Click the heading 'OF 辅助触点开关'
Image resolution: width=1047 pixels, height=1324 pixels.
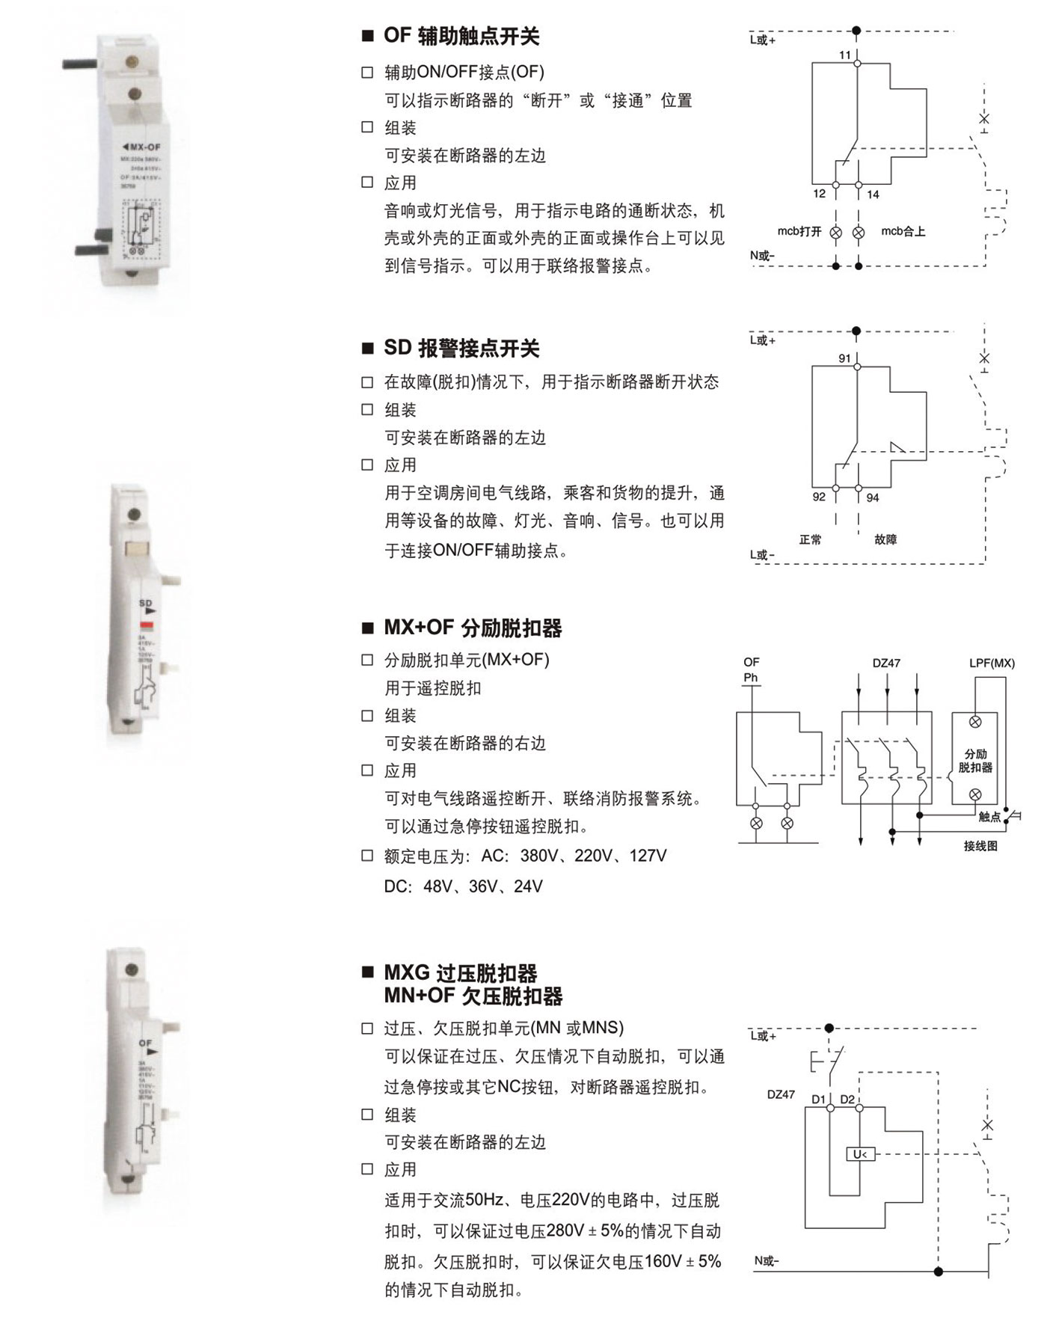click(x=461, y=36)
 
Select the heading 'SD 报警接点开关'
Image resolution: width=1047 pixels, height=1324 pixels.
click(x=461, y=348)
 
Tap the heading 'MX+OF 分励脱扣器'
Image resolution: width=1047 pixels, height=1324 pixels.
click(x=473, y=628)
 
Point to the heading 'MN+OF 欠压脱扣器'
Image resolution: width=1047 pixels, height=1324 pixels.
click(x=473, y=996)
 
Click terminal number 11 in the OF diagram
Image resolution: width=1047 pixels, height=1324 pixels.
click(x=844, y=55)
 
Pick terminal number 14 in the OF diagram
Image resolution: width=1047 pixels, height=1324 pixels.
click(x=873, y=194)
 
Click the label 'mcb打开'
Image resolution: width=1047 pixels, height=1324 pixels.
click(x=799, y=231)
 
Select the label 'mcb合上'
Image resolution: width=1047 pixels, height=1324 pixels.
click(x=903, y=231)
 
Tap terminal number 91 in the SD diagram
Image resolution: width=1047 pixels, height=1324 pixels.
click(x=844, y=358)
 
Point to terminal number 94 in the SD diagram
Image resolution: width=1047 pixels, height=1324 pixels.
click(x=873, y=497)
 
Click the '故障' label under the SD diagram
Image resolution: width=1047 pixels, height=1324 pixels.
click(x=885, y=539)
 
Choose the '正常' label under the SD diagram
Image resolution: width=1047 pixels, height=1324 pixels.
click(x=810, y=539)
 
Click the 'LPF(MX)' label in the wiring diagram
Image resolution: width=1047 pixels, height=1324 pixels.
click(x=992, y=663)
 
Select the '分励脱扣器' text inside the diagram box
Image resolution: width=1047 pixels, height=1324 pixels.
click(x=975, y=761)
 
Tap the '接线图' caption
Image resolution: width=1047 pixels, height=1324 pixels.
click(x=980, y=846)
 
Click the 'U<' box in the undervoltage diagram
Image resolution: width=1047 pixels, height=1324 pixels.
click(x=860, y=1154)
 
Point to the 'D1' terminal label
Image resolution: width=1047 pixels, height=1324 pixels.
click(x=818, y=1099)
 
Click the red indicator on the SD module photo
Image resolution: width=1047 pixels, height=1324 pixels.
click(x=147, y=625)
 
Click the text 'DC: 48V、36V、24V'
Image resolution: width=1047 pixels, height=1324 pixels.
click(x=463, y=886)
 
